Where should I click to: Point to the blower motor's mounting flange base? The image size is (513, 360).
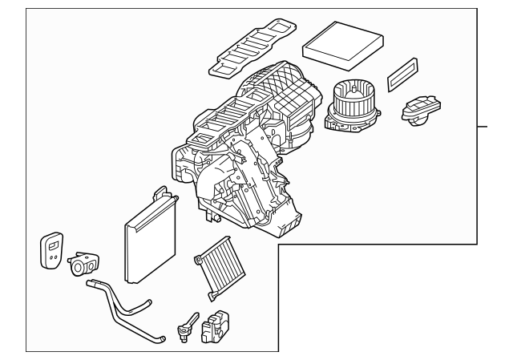(345, 121)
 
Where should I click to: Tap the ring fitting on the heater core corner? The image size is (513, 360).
(197, 258)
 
